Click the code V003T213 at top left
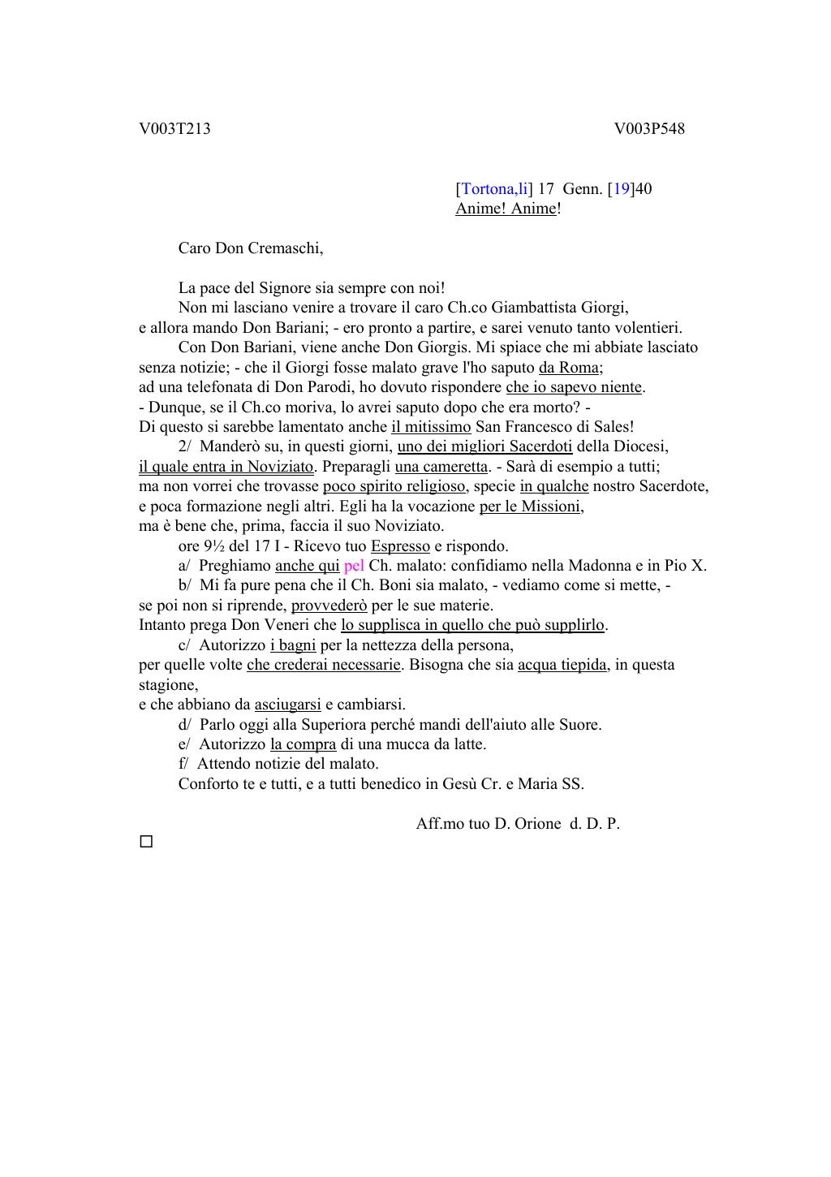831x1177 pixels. pyautogui.click(x=174, y=129)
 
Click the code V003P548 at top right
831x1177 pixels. pyautogui.click(x=649, y=129)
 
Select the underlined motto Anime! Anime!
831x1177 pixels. pyautogui.click(x=507, y=209)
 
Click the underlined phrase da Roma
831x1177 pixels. pyautogui.click(x=569, y=367)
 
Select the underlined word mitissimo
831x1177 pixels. pyautogui.click(x=431, y=426)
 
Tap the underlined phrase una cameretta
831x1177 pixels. pyautogui.click(x=441, y=467)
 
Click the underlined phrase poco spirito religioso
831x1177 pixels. pyautogui.click(x=394, y=486)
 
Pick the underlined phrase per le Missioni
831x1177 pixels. pyautogui.click(x=531, y=507)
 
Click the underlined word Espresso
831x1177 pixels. pyautogui.click(x=400, y=546)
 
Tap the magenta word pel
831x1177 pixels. pyautogui.click(x=354, y=566)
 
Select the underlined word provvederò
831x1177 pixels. pyautogui.click(x=329, y=606)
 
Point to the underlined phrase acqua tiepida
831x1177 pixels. pyautogui.click(x=562, y=665)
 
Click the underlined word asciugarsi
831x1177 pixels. pyautogui.click(x=287, y=705)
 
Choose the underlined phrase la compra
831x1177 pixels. pyautogui.click(x=303, y=744)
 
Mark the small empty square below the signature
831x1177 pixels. pyautogui.click(x=146, y=842)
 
